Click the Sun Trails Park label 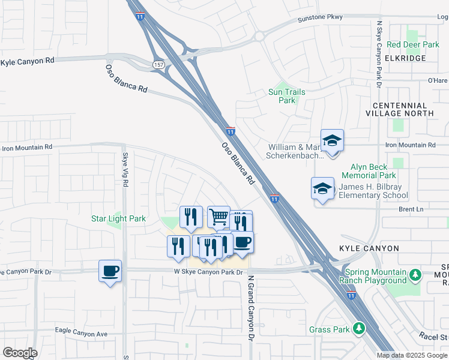286,96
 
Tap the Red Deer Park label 413,45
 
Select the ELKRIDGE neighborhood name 406,58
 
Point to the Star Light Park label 118,219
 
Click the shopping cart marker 218,217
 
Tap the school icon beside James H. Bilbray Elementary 322,188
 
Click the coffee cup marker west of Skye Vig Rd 110,271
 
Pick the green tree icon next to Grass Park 358,328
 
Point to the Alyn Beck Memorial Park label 369,171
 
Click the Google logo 19,353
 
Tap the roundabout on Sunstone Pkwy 259,36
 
